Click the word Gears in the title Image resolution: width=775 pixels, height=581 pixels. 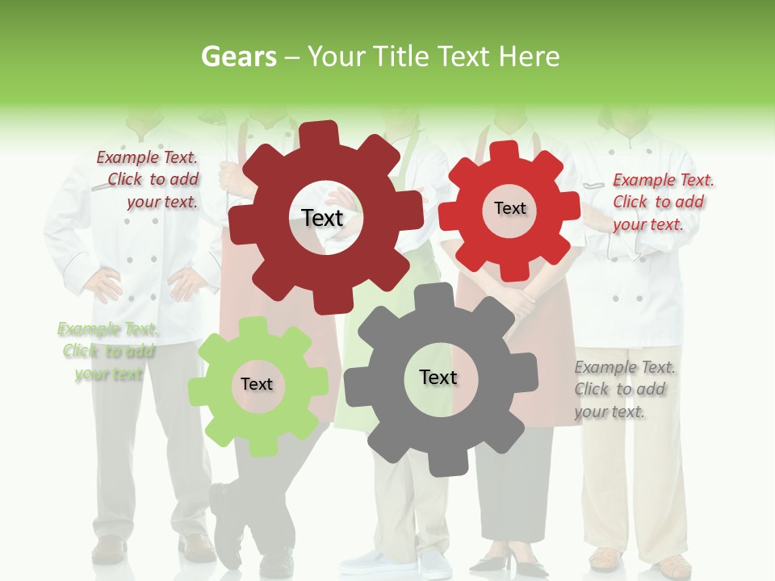(238, 56)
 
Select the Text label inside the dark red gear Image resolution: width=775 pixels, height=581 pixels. (322, 218)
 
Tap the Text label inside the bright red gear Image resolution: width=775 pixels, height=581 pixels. (509, 208)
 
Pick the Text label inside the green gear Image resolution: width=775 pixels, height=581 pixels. (257, 384)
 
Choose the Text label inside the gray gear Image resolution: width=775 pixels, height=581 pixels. (438, 377)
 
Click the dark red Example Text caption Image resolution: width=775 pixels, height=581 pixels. (148, 179)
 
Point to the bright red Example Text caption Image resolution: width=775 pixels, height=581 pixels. (663, 202)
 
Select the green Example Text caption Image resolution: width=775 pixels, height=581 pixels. (108, 351)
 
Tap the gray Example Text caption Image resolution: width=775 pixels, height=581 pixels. (625, 389)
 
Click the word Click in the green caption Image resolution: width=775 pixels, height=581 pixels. (79, 351)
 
